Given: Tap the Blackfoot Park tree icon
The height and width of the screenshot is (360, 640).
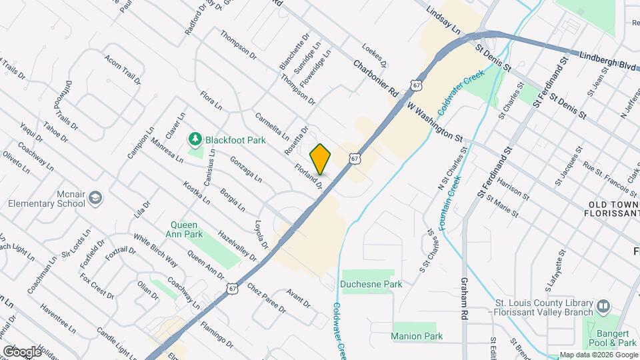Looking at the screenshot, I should [x=195, y=139].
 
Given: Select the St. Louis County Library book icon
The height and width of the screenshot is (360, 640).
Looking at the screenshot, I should [x=603, y=306].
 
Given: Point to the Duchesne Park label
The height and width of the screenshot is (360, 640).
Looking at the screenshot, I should [x=371, y=284].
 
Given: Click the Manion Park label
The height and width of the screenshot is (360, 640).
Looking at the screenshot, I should [x=417, y=336].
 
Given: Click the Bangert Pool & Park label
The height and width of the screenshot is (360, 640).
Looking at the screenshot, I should [x=614, y=337].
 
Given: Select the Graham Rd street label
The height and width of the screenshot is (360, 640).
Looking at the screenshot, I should [x=464, y=297].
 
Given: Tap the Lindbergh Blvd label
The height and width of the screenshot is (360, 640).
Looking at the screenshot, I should [x=609, y=62].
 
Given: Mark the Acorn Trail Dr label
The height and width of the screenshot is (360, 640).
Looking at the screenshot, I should [x=122, y=69].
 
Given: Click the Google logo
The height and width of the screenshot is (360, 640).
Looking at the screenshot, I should [x=22, y=351].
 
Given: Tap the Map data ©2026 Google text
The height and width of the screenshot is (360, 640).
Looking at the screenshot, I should [x=598, y=355].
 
